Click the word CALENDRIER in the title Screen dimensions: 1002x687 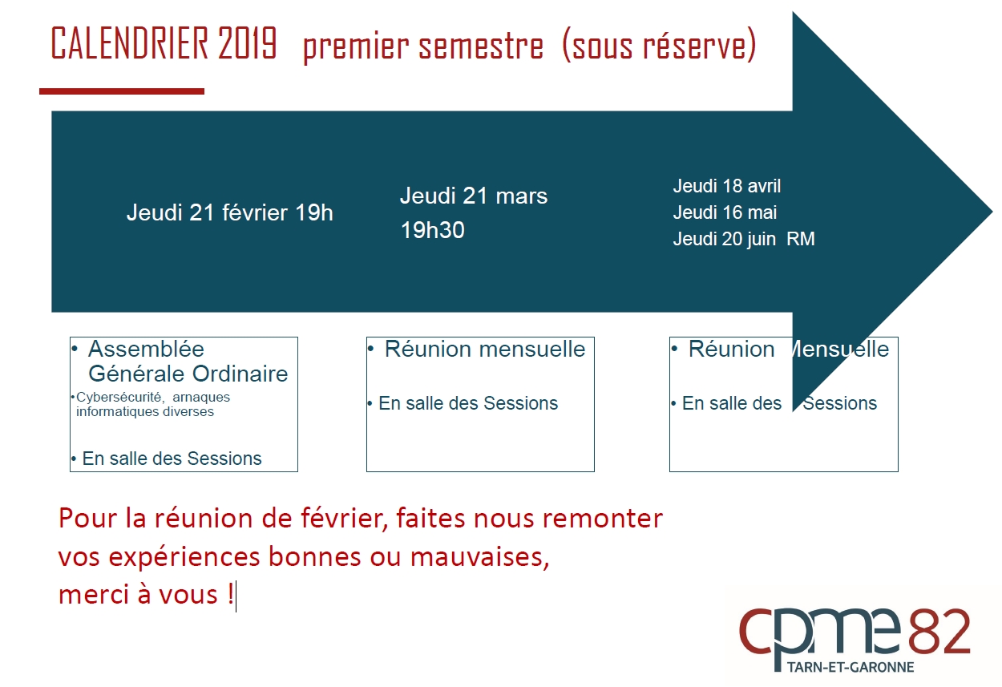click(x=129, y=43)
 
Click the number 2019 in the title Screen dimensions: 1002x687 click(x=248, y=43)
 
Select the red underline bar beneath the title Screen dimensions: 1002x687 click(x=122, y=91)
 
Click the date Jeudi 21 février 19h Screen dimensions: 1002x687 click(x=230, y=212)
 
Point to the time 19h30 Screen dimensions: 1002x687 click(x=433, y=230)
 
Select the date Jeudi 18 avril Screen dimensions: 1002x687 click(x=727, y=186)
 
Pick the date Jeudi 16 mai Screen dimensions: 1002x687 click(x=725, y=212)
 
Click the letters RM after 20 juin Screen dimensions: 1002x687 click(x=801, y=239)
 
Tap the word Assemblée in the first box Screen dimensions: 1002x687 click(x=146, y=349)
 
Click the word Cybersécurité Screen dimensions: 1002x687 click(x=119, y=397)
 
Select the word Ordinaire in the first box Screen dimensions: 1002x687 click(x=240, y=374)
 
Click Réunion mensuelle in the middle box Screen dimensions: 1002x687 click(x=485, y=349)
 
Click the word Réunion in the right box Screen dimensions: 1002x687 click(x=731, y=349)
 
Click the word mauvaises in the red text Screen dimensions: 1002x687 click(x=479, y=557)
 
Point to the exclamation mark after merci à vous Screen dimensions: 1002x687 click(x=230, y=594)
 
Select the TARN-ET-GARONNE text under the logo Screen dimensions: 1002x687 click(x=850, y=667)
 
